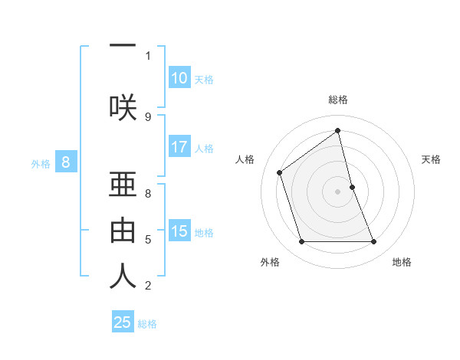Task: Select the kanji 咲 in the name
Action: (x=123, y=106)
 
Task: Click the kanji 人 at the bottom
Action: (x=123, y=277)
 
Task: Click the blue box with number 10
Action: (x=179, y=78)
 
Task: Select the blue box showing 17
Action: (x=179, y=147)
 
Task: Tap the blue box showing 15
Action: (x=179, y=231)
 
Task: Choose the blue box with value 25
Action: (x=123, y=322)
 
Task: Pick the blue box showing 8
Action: (x=66, y=162)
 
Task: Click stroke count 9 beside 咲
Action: (x=148, y=116)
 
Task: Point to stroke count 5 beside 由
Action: (x=148, y=240)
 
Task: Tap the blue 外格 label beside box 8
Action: (x=41, y=162)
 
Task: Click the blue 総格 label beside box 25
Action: (x=147, y=324)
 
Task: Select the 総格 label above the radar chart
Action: (x=337, y=100)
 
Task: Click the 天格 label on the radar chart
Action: (x=431, y=159)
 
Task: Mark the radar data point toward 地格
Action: (x=374, y=242)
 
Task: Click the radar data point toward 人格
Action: (x=280, y=172)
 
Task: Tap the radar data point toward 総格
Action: (x=337, y=131)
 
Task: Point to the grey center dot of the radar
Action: (x=337, y=191)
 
